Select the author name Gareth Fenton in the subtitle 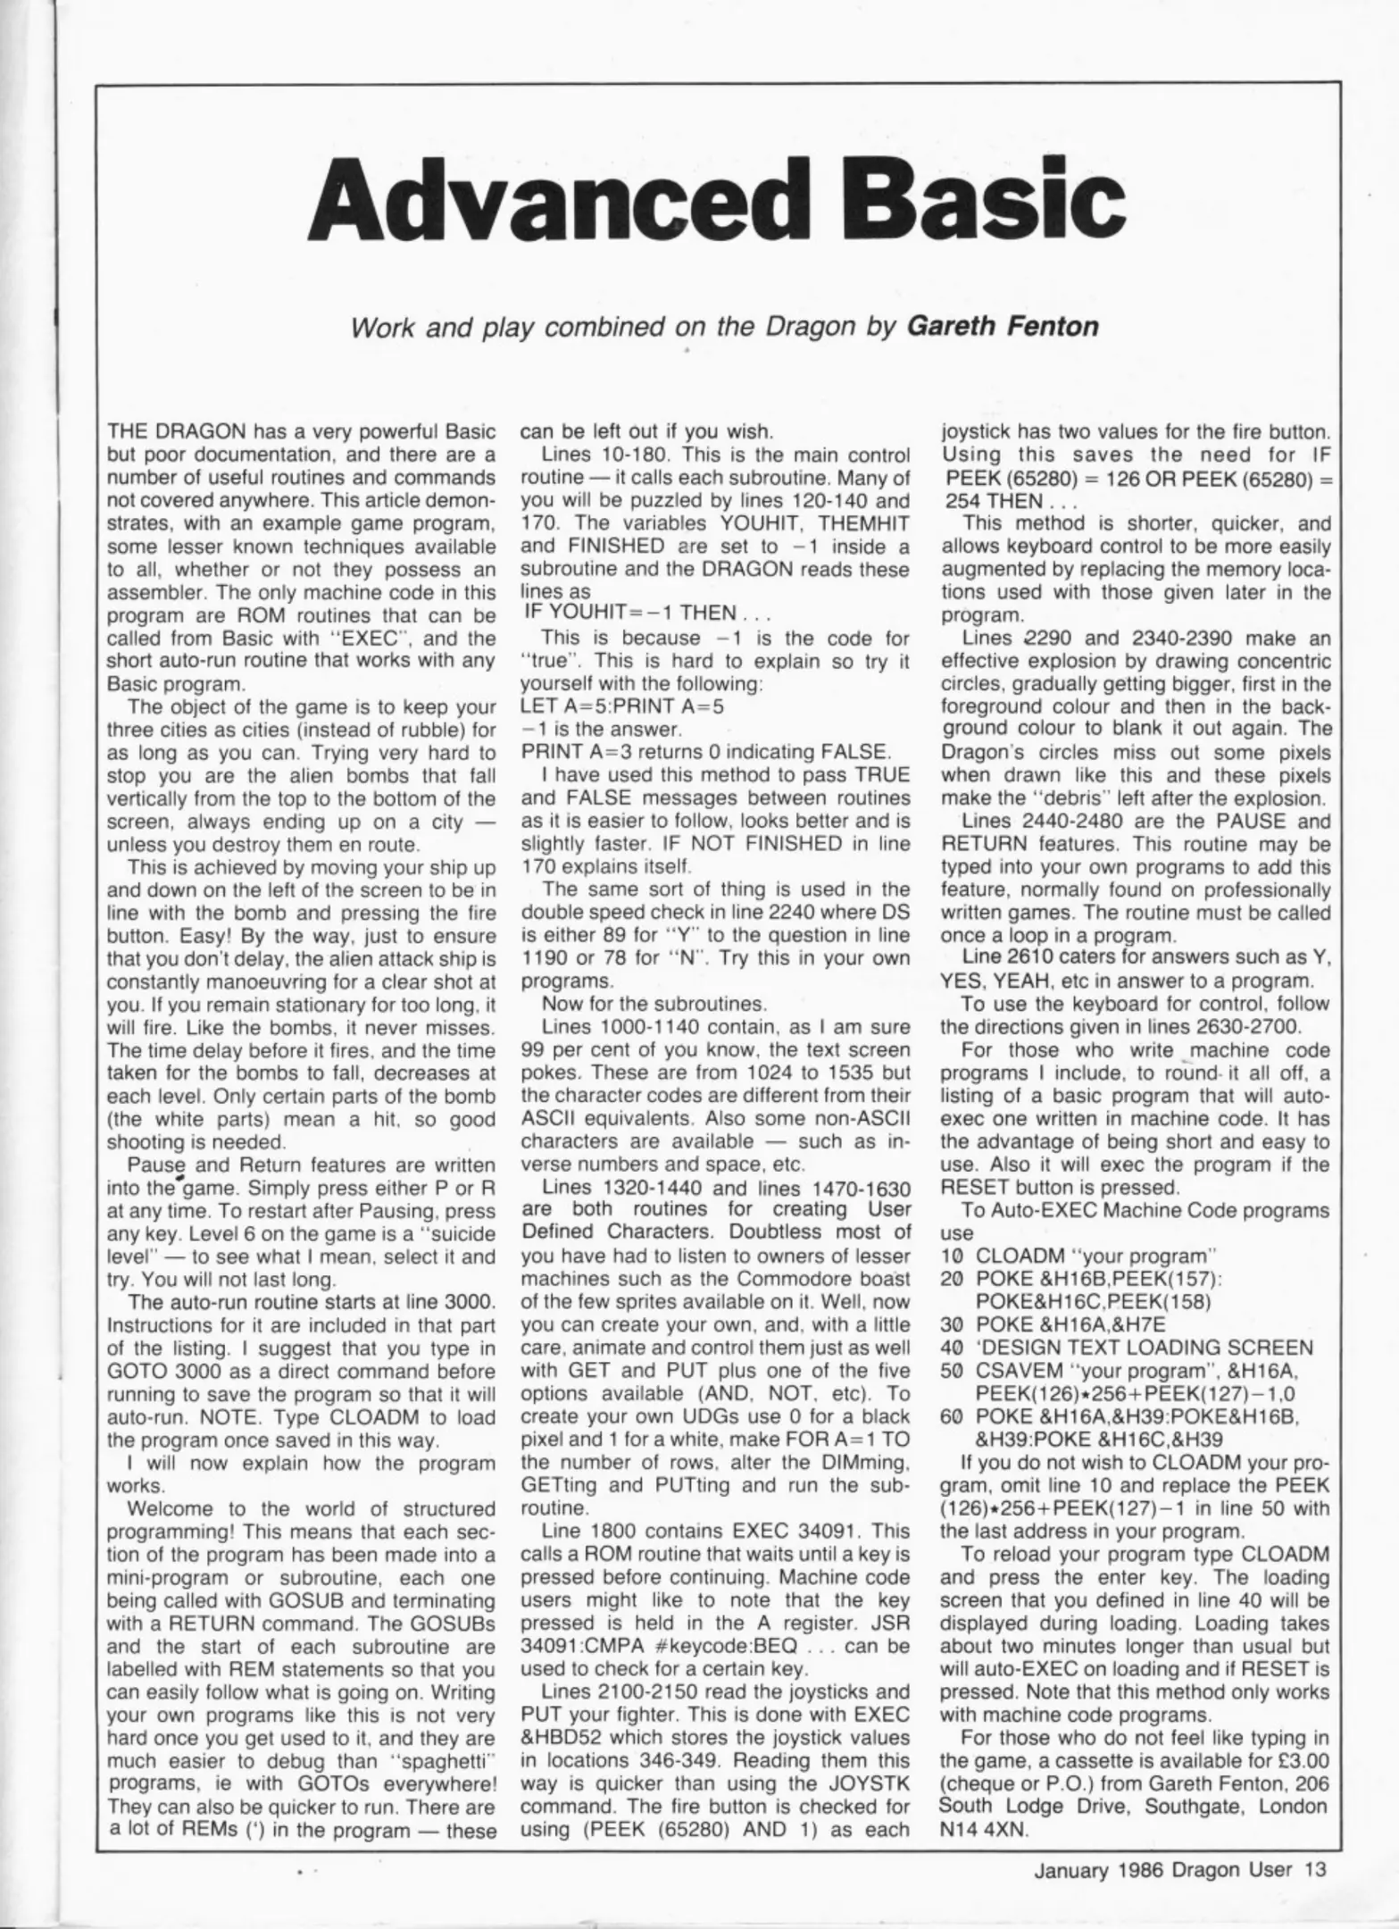tap(1002, 326)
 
